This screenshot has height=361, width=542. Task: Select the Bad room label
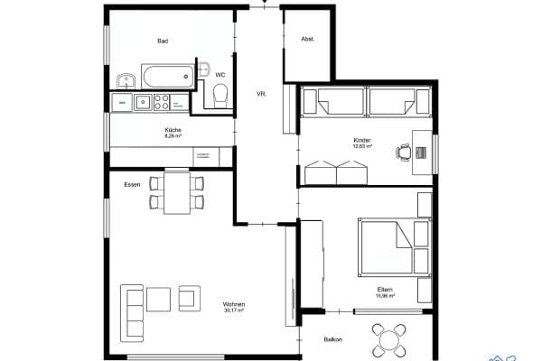[163, 41]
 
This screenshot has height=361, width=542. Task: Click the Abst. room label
[307, 39]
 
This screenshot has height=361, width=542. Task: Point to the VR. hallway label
[261, 94]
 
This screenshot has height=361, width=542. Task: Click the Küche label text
[173, 130]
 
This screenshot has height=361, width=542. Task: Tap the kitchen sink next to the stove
[142, 101]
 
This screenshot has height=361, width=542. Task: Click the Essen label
[132, 184]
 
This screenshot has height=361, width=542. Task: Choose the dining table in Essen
[176, 192]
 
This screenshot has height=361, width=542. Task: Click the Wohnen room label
[234, 304]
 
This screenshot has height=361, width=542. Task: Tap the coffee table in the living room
[159, 299]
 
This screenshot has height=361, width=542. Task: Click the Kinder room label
[362, 141]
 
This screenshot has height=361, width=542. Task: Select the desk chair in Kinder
[402, 153]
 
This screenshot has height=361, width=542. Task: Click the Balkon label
[333, 339]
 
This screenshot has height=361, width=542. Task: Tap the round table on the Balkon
[390, 341]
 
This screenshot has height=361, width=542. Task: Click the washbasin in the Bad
[126, 80]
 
